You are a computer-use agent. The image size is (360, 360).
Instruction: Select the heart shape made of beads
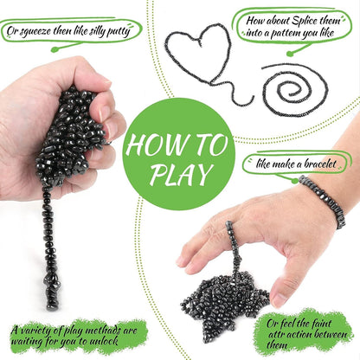pos(199,55)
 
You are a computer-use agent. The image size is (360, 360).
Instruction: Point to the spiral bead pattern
pos(294,90)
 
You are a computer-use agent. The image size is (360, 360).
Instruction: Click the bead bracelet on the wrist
pos(323,200)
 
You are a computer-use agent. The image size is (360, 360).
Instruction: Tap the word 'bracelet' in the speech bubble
pos(320,164)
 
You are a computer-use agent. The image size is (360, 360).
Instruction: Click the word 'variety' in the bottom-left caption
pos(35,331)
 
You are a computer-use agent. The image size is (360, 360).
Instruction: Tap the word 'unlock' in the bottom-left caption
pos(104,341)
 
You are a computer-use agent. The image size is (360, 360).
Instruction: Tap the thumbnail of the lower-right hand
pos(280,299)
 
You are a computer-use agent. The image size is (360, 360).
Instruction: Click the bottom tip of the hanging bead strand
pos(53,309)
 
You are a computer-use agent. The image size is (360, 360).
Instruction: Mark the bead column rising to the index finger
pos(232,248)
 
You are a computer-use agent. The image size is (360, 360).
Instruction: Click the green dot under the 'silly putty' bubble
pos(55,49)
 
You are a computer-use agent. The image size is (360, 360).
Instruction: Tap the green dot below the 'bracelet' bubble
pos(294,181)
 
